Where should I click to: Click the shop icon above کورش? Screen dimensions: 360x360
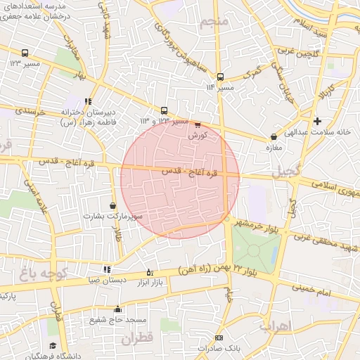pos(197,125)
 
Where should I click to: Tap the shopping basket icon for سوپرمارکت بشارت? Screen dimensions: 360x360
pos(113,205)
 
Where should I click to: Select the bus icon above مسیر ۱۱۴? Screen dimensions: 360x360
pos(220,77)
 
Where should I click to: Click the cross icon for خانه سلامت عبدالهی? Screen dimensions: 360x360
pos(318,121)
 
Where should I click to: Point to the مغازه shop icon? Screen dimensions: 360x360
pos(274,137)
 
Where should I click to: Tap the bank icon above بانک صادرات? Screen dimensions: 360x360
pos(219,338)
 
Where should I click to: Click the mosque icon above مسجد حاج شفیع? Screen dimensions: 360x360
pos(117,309)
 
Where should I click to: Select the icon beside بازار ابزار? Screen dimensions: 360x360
pos(149,272)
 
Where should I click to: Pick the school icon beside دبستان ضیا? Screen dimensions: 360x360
pos(107,269)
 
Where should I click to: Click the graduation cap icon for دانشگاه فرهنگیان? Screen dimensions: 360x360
pos(53,345)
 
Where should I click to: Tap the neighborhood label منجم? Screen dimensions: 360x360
pos(214,23)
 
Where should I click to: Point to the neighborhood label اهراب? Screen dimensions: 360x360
pos(275,325)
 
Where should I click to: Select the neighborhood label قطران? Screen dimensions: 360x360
pos(136,339)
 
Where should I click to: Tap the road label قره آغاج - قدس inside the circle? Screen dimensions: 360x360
pos(191,172)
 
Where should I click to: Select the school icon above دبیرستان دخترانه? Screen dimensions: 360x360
pos(88,101)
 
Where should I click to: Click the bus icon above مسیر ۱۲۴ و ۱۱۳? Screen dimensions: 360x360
pos(164,110)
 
